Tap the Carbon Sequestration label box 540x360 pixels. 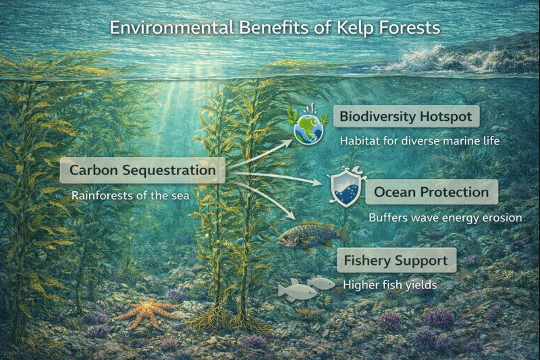pos(142,170)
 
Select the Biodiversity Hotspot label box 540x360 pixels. pos(406,116)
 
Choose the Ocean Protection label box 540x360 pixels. pos(431,192)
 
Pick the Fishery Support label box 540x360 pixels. pos(395,260)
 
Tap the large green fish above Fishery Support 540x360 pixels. pos(312,235)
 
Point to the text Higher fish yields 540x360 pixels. pos(389,285)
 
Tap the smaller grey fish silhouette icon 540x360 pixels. pos(322,282)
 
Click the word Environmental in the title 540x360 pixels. pos(165,28)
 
